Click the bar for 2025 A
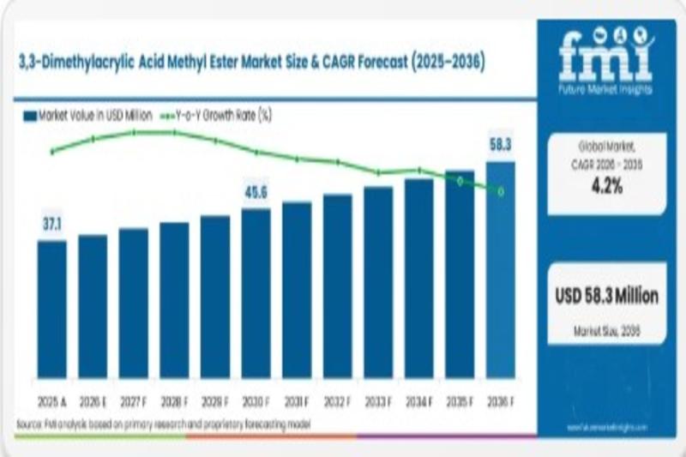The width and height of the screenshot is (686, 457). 51,309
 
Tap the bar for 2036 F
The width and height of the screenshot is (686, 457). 501,270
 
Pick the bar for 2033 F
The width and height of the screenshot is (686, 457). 378,282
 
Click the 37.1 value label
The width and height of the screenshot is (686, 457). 52,225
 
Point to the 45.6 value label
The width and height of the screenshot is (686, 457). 256,193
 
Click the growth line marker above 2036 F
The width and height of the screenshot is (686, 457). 501,191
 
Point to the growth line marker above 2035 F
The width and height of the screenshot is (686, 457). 460,181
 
